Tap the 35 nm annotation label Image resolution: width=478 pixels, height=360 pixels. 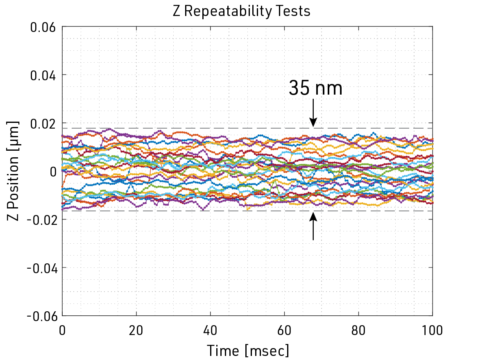315,88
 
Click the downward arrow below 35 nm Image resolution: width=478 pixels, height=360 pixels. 313,113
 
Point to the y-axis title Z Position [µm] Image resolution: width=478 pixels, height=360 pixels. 14,171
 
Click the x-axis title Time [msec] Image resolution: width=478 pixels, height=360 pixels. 247,351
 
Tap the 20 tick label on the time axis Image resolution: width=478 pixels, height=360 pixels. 136,330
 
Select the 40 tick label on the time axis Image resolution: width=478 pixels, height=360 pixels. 211,330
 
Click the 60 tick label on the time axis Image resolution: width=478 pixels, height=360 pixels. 285,330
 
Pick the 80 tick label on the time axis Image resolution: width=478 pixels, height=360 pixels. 359,330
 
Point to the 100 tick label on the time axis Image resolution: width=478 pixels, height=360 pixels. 433,330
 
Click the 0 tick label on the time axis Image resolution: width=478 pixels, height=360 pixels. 63,330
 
